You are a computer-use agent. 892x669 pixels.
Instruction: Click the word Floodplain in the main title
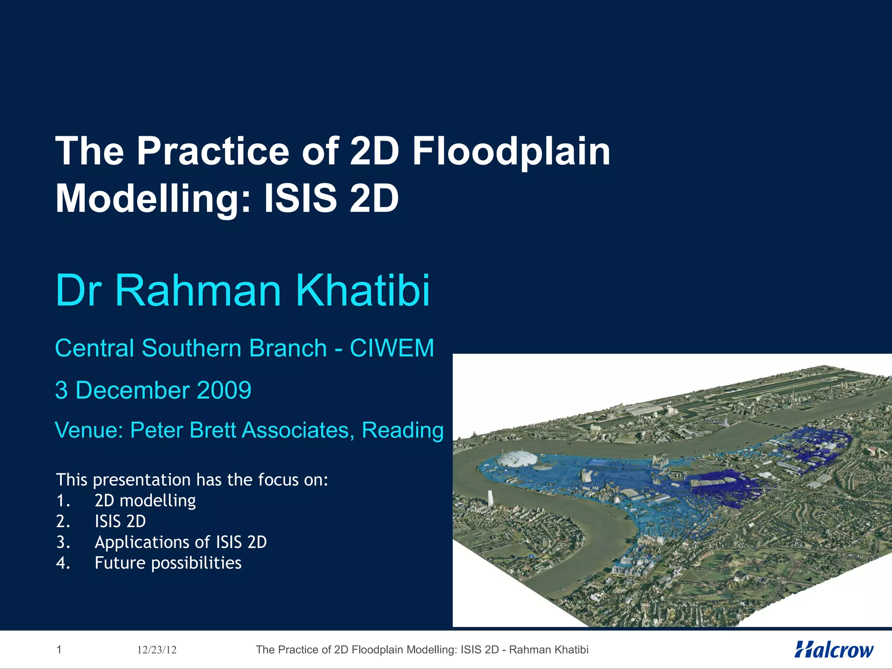tap(511, 152)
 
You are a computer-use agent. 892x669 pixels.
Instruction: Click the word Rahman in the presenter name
tap(198, 291)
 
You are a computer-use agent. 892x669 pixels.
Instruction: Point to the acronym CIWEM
tap(392, 348)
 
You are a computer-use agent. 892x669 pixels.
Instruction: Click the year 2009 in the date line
tap(224, 390)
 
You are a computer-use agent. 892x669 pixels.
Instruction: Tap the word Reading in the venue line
tap(403, 430)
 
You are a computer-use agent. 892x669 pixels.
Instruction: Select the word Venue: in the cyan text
tap(89, 430)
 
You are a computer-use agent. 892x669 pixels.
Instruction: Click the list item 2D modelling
tap(145, 501)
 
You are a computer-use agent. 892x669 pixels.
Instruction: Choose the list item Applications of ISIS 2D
tap(181, 542)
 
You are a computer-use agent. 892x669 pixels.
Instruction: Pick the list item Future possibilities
tap(168, 563)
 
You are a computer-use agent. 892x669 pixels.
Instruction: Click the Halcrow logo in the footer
tap(834, 650)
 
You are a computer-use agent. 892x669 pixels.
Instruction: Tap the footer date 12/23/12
tap(157, 650)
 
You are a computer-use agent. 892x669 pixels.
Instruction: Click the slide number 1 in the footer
tap(59, 650)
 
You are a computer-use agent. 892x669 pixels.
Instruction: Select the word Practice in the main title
tap(213, 152)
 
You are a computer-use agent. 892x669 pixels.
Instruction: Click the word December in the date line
tap(133, 390)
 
